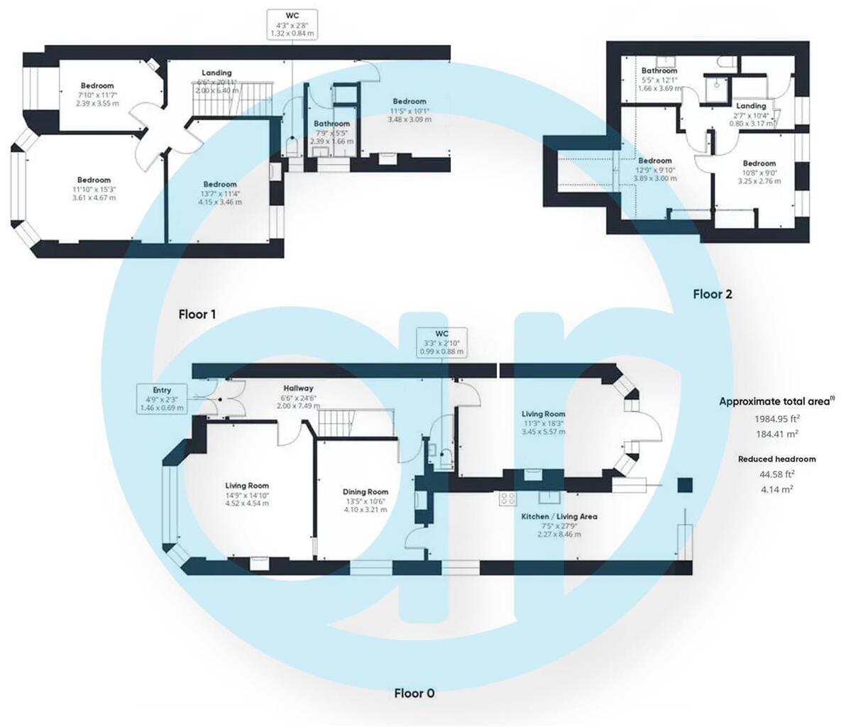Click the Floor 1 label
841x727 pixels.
click(x=197, y=314)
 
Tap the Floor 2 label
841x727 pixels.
click(x=712, y=294)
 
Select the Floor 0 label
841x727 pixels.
click(x=414, y=693)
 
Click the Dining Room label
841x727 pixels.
click(x=365, y=492)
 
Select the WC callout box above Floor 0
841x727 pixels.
click(x=441, y=342)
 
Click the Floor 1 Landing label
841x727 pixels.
click(x=216, y=72)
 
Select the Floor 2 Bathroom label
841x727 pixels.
click(x=659, y=71)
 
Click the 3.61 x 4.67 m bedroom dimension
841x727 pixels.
click(x=94, y=197)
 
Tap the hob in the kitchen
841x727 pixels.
click(x=507, y=499)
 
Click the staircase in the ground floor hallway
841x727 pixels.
click(x=353, y=423)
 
